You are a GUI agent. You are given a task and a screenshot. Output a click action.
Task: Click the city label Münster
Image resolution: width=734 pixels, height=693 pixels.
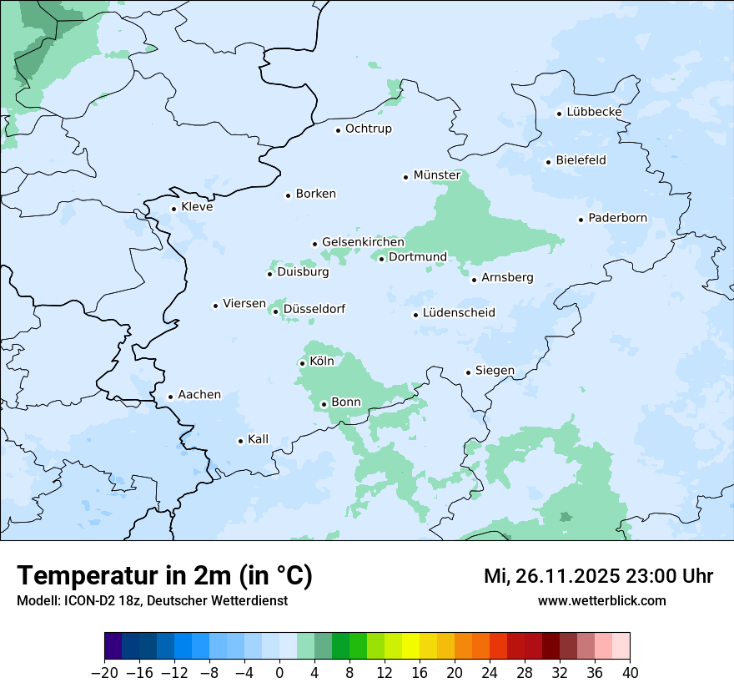(436, 175)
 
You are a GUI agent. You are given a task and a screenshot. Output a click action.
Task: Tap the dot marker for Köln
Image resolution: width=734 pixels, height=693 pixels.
(302, 363)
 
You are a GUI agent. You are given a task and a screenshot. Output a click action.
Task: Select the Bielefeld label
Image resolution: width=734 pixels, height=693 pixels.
(581, 160)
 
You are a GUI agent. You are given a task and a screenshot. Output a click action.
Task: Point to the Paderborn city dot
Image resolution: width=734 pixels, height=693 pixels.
(581, 220)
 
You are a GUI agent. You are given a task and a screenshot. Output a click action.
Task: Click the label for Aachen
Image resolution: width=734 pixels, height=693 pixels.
(199, 395)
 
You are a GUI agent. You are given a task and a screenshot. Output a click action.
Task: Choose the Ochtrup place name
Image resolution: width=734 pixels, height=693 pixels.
(368, 129)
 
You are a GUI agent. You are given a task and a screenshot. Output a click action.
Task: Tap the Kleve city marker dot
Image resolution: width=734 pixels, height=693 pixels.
(173, 210)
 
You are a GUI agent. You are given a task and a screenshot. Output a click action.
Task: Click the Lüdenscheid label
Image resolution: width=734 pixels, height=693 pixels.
(459, 313)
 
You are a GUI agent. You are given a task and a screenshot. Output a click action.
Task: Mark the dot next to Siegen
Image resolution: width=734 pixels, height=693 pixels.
(468, 372)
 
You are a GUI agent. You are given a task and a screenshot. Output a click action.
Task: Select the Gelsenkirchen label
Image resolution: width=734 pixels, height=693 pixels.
(363, 242)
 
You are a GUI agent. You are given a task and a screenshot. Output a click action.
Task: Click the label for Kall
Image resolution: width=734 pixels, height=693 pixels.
(258, 439)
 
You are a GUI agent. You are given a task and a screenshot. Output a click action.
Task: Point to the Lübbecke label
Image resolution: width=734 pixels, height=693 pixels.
(594, 112)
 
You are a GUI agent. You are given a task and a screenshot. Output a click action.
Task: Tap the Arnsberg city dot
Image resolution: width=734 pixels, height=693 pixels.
(474, 279)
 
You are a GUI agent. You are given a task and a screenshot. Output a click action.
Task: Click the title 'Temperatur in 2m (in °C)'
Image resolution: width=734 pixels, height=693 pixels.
(164, 576)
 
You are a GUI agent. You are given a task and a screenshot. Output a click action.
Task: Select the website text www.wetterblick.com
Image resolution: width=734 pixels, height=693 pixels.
(601, 600)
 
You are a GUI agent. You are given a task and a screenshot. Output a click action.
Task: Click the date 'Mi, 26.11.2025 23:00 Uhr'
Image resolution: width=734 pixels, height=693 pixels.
(598, 576)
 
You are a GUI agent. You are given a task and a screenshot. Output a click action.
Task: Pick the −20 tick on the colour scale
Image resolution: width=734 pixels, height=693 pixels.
(104, 673)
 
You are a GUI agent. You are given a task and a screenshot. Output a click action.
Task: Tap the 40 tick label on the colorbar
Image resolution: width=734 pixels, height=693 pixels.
(630, 673)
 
